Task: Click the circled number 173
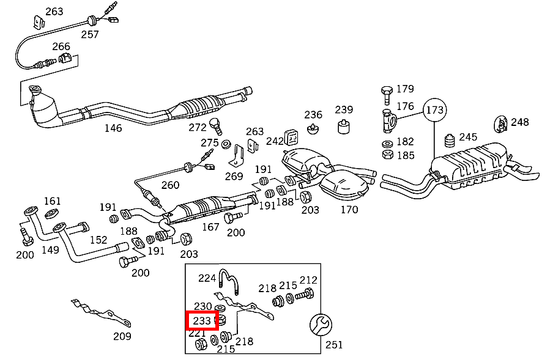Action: [435, 110]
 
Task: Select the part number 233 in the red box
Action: [202, 320]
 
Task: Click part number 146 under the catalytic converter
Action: [113, 128]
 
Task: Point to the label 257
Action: [90, 34]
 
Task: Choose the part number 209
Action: [122, 336]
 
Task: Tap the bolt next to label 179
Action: [386, 94]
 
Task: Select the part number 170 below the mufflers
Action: [349, 210]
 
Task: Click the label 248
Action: [519, 122]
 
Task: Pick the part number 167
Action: [210, 227]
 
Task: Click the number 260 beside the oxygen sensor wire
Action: [170, 185]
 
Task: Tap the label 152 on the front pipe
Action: [98, 240]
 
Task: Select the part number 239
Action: [344, 109]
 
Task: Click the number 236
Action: [313, 114]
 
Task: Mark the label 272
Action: [198, 127]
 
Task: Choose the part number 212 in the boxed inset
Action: [308, 280]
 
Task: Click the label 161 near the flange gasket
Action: [53, 200]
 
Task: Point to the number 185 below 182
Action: [406, 155]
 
